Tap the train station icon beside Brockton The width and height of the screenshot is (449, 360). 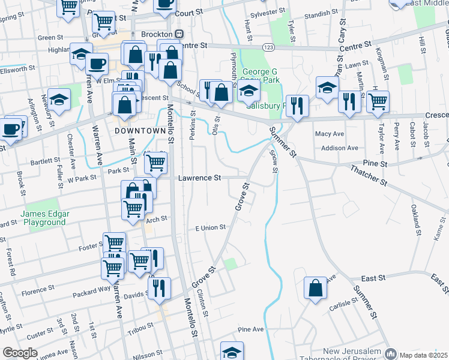point(179,35)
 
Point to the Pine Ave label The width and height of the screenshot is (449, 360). point(251,330)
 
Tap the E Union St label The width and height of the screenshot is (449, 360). point(209,228)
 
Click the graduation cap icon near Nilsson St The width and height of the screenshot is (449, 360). point(232,352)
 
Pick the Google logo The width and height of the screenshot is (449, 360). point(19,353)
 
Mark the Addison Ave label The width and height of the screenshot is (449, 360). point(339,148)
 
